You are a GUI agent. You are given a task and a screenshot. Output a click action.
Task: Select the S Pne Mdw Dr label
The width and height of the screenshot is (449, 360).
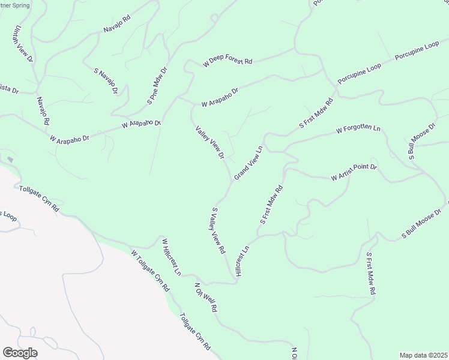[157, 86]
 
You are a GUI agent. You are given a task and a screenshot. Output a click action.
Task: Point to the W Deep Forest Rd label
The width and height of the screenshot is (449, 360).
[228, 62]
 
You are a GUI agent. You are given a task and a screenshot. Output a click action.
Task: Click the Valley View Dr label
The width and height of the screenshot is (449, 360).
[209, 142]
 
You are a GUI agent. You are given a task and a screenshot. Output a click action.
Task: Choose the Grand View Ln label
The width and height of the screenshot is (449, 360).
[249, 162]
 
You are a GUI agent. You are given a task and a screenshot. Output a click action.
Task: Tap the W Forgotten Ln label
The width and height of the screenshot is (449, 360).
[358, 129]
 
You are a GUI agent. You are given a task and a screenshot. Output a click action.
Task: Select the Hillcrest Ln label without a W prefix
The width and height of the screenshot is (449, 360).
[242, 260]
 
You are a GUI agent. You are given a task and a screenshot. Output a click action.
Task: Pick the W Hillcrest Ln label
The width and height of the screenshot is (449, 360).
[171, 256]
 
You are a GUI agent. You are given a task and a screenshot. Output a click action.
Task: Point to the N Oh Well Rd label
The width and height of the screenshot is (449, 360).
[205, 297]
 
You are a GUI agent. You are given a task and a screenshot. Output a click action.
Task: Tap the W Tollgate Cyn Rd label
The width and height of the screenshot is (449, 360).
[150, 271]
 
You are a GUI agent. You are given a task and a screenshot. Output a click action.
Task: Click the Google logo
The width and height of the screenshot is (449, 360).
[20, 353]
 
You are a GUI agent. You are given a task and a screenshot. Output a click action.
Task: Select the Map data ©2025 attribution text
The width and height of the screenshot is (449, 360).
[423, 355]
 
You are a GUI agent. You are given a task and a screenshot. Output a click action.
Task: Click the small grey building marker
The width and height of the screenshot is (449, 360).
[10, 160]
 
